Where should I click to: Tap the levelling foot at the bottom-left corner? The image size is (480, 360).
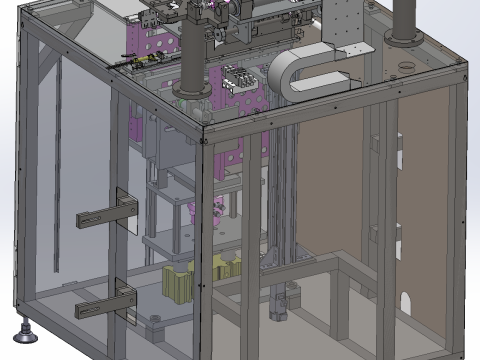21,326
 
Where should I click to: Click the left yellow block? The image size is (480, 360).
178,285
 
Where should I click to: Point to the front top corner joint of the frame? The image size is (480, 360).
203,135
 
